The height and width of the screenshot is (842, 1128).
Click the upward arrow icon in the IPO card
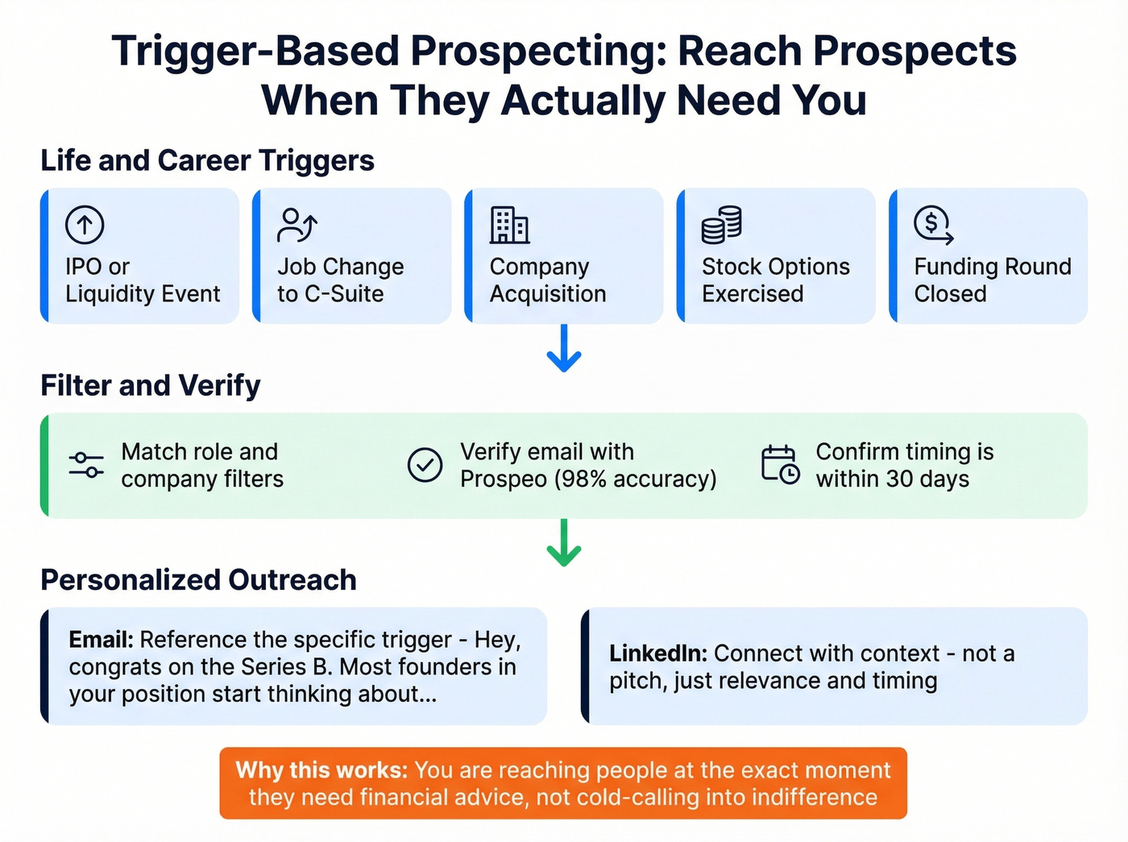(x=85, y=225)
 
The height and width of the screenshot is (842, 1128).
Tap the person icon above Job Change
(x=297, y=225)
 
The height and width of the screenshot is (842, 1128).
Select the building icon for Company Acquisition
(x=509, y=225)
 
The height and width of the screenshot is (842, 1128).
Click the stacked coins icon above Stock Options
(x=721, y=225)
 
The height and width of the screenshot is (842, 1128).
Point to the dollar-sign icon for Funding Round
(x=933, y=225)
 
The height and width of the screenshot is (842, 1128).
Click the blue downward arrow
(x=564, y=349)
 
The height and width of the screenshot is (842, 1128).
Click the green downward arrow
(x=564, y=543)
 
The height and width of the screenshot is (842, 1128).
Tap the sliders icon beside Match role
(x=86, y=465)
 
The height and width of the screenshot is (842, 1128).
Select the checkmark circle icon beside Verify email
(x=425, y=465)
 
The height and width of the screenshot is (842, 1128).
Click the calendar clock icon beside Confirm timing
(x=780, y=465)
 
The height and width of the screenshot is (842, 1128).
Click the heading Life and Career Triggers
(x=207, y=160)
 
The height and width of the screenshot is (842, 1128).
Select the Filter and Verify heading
(x=151, y=385)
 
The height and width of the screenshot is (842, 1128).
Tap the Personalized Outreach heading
(x=198, y=579)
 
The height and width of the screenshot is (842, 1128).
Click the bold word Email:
(x=101, y=640)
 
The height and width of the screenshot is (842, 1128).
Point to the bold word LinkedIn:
(x=657, y=653)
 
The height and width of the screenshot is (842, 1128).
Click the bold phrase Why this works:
(x=321, y=770)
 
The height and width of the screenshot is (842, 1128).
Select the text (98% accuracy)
(x=635, y=479)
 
